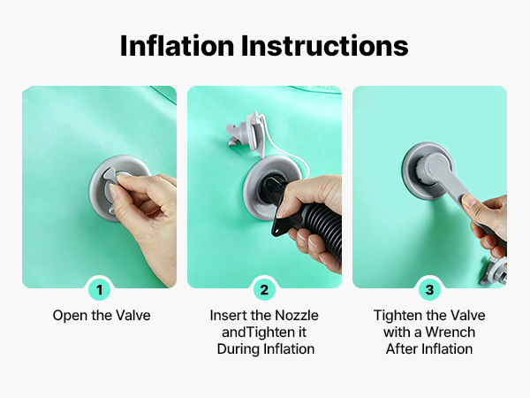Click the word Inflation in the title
[178, 46]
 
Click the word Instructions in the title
[324, 46]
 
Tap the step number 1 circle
[99, 290]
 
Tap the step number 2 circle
[264, 290]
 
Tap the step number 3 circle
[429, 290]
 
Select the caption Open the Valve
[102, 316]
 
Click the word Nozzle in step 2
[297, 316]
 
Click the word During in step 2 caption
[238, 349]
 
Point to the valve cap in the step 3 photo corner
[495, 272]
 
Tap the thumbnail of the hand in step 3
[467, 201]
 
